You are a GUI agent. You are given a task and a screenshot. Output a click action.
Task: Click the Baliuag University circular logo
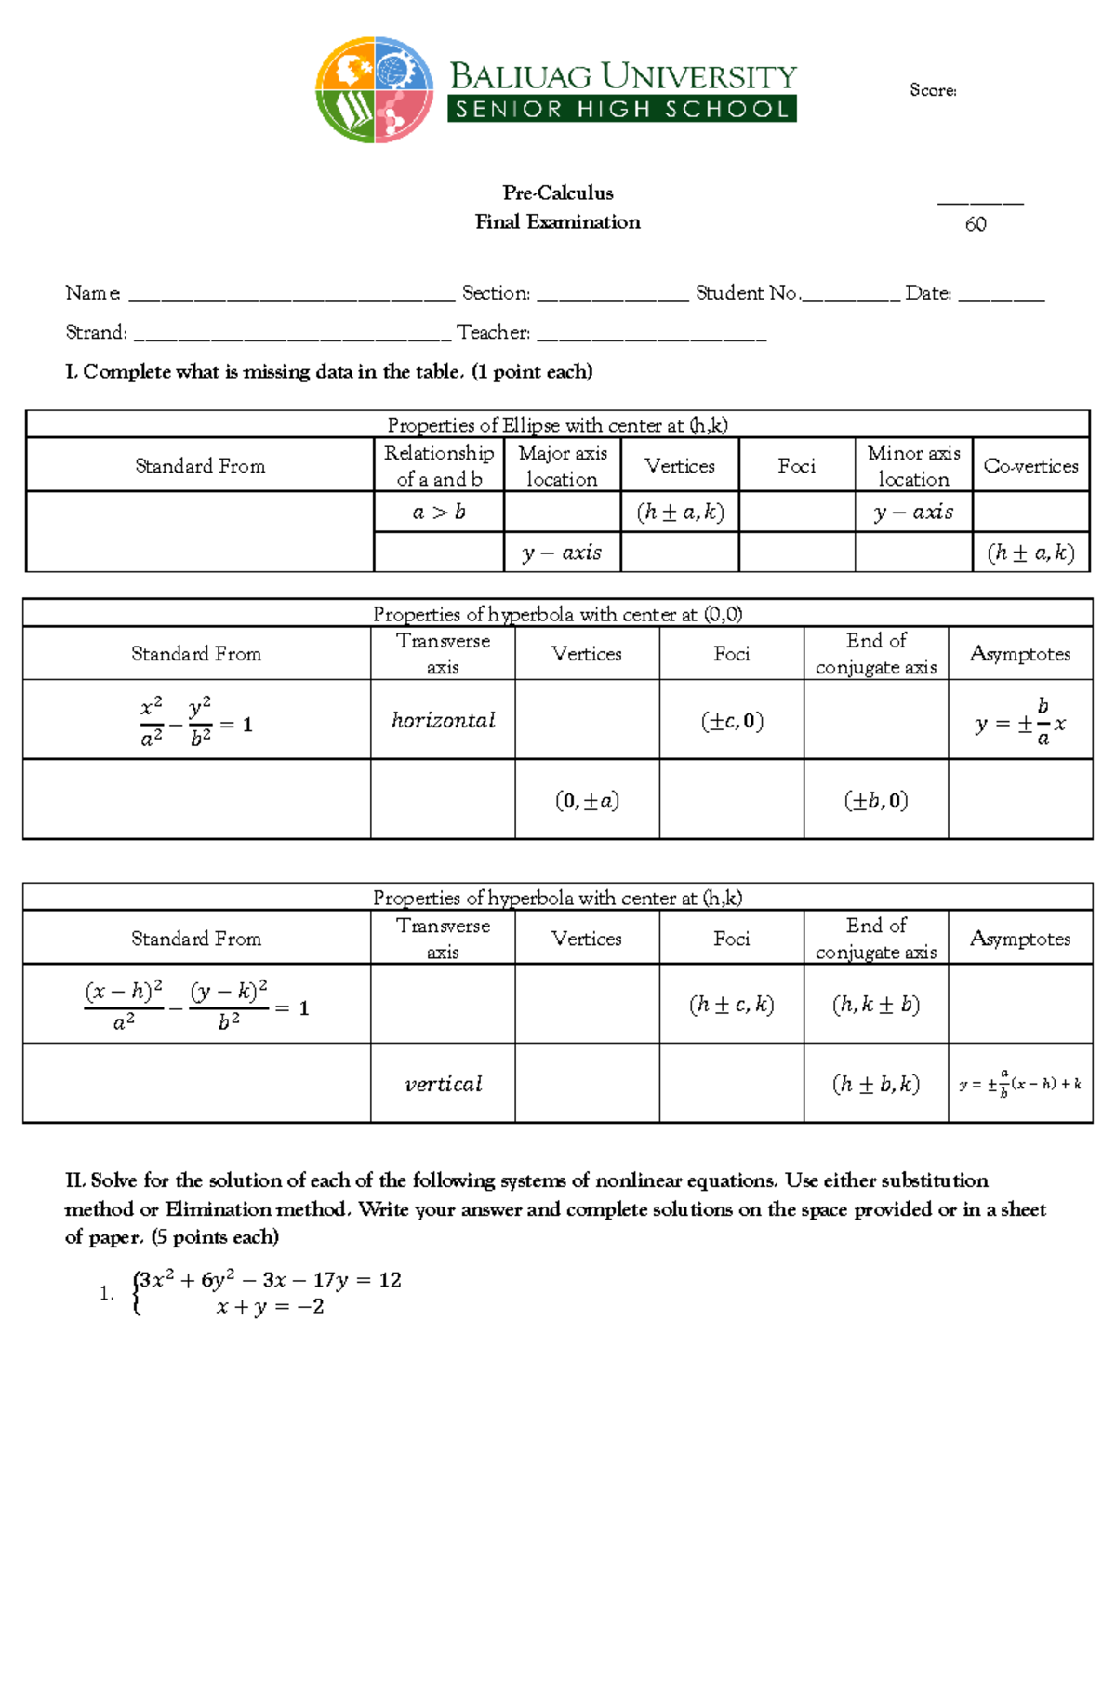tap(375, 90)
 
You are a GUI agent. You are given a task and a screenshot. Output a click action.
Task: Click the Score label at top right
tap(933, 90)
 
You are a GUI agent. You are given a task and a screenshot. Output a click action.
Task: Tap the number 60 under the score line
tap(976, 224)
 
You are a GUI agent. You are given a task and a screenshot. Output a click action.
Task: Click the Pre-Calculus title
tap(558, 193)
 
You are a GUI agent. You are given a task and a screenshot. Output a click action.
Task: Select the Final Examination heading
tap(558, 222)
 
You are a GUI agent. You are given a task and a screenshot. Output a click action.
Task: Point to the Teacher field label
tap(493, 332)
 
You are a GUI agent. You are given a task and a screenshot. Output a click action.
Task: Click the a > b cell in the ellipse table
tap(439, 513)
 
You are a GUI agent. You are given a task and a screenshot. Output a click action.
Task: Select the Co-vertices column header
tap(1030, 466)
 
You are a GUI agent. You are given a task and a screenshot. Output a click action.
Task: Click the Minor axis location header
tap(913, 466)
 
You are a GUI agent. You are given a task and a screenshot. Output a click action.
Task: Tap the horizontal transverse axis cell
tap(443, 720)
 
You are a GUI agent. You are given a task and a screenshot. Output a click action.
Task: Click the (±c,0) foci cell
tap(732, 721)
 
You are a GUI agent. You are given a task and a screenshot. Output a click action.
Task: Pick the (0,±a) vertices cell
tap(587, 801)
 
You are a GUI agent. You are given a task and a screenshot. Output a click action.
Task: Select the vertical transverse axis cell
tap(443, 1084)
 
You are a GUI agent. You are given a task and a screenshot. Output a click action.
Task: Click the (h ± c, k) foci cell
tap(732, 1005)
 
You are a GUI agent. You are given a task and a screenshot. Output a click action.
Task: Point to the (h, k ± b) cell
tap(876, 1005)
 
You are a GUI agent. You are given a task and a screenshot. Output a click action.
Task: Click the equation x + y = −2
tap(270, 1307)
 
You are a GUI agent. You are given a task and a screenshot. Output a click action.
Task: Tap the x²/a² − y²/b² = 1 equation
tap(196, 722)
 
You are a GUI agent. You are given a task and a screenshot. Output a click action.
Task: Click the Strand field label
tap(96, 332)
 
